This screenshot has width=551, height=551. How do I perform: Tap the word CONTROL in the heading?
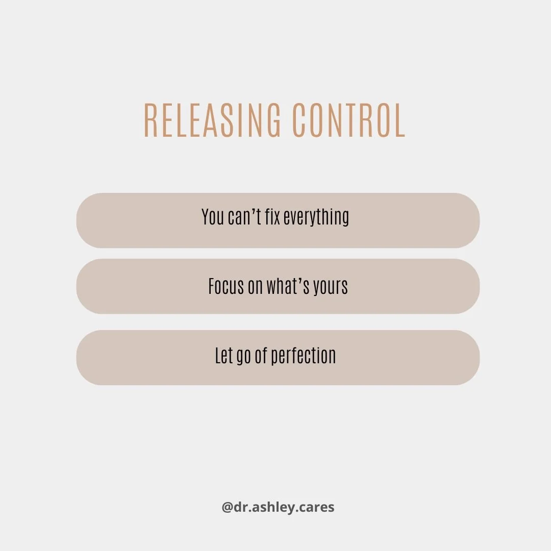click(x=349, y=120)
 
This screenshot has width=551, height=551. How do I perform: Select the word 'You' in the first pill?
click(x=212, y=217)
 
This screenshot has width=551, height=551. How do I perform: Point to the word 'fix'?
click(x=272, y=217)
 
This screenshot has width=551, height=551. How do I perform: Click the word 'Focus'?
click(x=227, y=287)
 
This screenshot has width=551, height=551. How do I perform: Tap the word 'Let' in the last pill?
click(x=223, y=356)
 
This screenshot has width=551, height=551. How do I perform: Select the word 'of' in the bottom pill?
click(x=261, y=356)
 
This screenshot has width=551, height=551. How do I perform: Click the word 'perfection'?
click(x=304, y=356)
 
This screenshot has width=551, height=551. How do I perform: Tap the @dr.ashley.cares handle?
click(x=278, y=508)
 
